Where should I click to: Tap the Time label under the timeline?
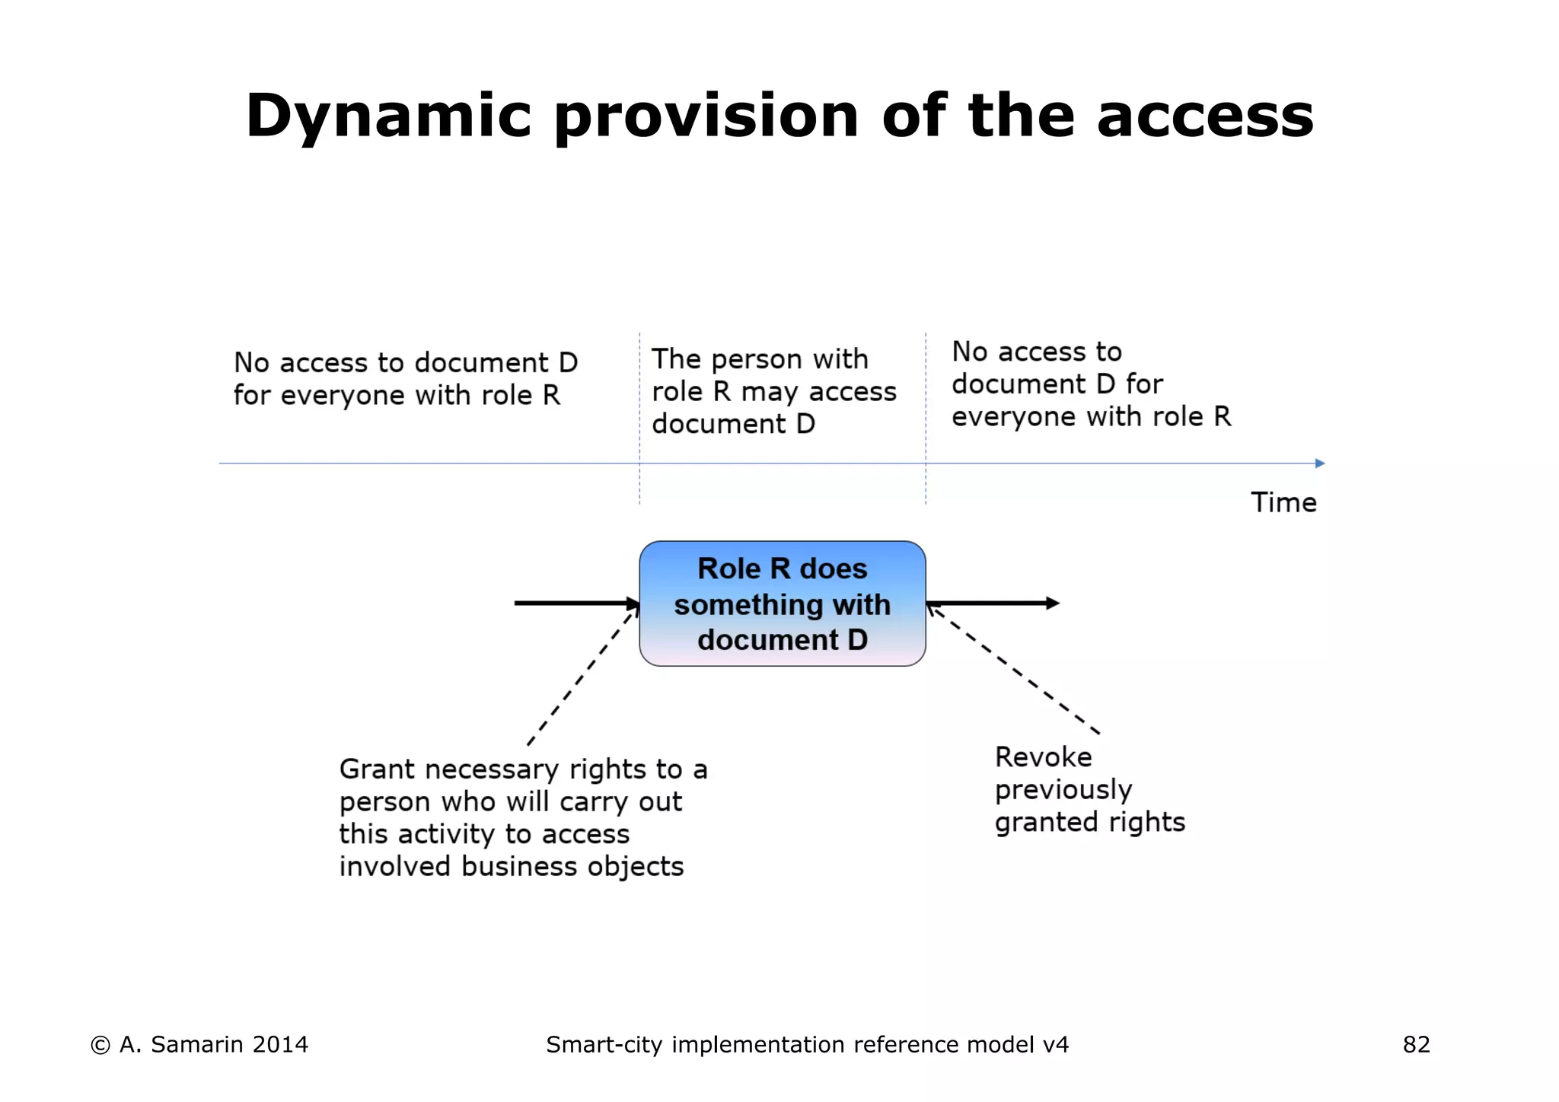click(1283, 503)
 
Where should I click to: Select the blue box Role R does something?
click(782, 604)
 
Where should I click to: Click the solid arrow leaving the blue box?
click(993, 604)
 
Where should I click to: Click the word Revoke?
click(1043, 757)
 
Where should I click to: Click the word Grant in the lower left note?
click(377, 769)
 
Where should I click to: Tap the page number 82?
click(1416, 1045)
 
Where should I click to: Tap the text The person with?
click(760, 359)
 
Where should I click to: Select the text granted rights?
click(1089, 823)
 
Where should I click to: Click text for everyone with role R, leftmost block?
click(396, 396)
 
